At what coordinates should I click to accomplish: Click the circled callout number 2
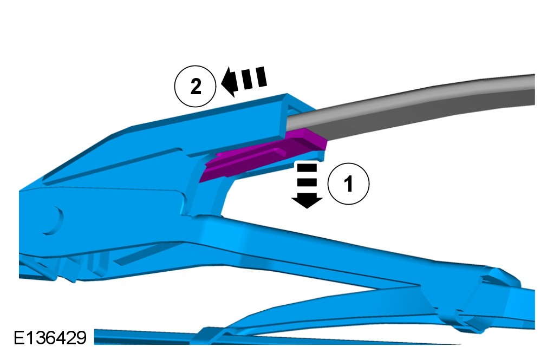pos(195,86)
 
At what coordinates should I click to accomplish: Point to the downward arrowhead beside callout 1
pos(307,201)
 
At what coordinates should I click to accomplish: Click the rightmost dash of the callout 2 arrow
pos(261,76)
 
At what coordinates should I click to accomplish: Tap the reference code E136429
pos(50,338)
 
